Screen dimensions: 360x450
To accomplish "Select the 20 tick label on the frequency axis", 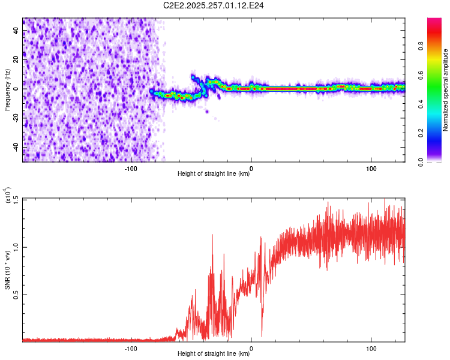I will [x=17, y=59].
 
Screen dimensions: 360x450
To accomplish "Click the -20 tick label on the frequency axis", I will [x=17, y=118].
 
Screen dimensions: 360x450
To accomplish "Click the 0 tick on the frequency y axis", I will [x=17, y=89].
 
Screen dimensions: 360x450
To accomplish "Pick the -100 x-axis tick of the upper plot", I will [x=131, y=168].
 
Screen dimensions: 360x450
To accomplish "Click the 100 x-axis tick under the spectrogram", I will [x=371, y=168].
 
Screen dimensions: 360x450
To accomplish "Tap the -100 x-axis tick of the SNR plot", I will [x=131, y=348].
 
